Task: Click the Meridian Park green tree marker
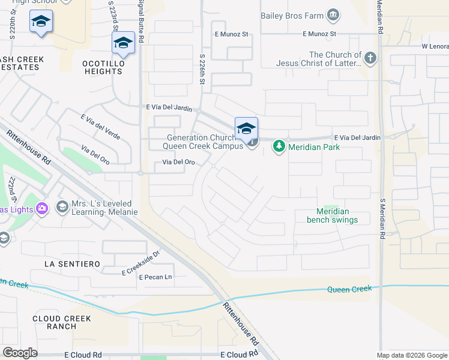click(279, 146)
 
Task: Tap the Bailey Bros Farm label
click(292, 14)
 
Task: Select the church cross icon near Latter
click(370, 58)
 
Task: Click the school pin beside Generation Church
click(246, 129)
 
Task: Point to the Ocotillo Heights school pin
click(123, 43)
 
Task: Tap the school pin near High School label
click(41, 22)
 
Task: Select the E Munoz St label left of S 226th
click(232, 34)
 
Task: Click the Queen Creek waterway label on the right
click(349, 289)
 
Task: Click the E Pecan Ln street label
click(155, 277)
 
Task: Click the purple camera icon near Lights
click(41, 208)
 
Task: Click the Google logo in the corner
click(20, 353)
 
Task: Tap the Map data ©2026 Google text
click(411, 355)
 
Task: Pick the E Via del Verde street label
click(100, 127)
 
